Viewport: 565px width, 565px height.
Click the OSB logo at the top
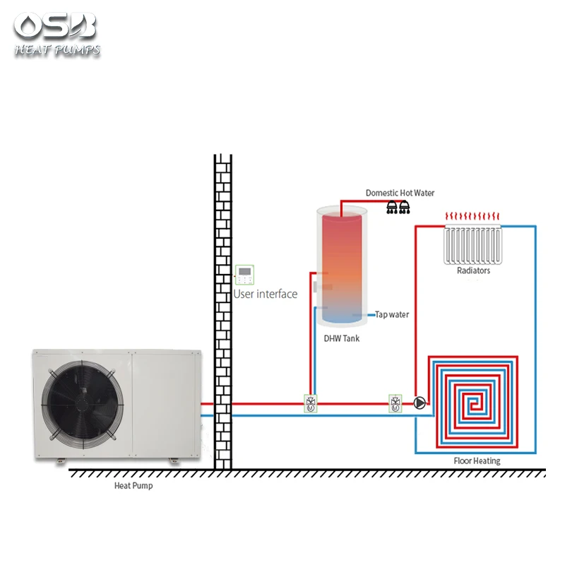pos(55,27)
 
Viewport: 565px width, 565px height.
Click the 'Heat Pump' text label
pos(133,486)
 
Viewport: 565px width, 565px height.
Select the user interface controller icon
pos(245,275)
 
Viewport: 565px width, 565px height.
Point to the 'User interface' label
pos(266,294)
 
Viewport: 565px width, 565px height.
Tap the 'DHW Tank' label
pos(342,338)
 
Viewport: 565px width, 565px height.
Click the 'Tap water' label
pos(392,314)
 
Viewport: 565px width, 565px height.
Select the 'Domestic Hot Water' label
pos(400,193)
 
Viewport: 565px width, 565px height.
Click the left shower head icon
pos(392,207)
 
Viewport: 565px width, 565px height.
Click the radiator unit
pos(473,244)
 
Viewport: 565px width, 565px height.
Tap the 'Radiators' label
pos(473,270)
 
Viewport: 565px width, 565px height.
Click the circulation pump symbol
pos(420,403)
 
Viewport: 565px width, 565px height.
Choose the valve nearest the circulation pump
pos(395,403)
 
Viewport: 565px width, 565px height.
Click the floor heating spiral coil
pos(474,403)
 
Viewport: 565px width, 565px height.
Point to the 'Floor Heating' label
pos(477,461)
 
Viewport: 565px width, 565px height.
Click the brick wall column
pos(223,311)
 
